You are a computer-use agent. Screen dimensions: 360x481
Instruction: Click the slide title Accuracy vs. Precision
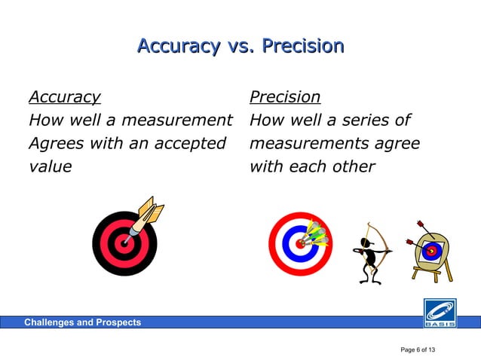[x=240, y=47]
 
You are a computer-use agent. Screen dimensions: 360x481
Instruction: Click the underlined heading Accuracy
[x=64, y=97]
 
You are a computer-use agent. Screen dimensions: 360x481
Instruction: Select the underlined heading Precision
[x=284, y=97]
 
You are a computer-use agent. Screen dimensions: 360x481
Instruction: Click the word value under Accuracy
[x=50, y=166]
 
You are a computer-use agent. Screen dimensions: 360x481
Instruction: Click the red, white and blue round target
[x=299, y=244]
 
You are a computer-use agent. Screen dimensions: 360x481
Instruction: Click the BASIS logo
[x=439, y=313]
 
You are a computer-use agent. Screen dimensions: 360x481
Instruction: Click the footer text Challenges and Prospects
[x=82, y=322]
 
